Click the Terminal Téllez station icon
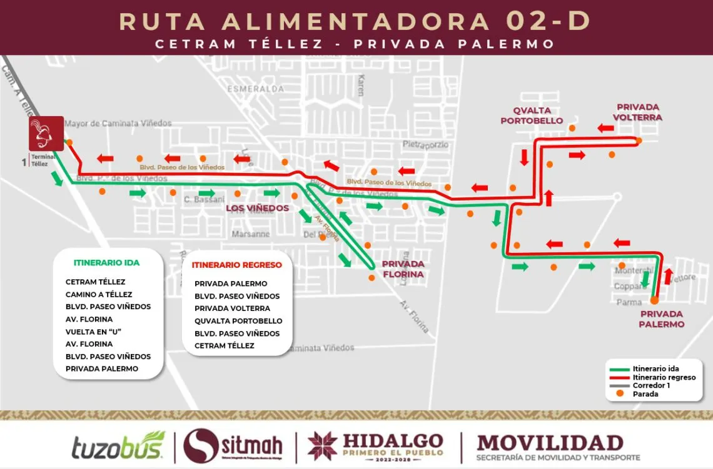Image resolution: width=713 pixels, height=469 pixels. [x=46, y=134]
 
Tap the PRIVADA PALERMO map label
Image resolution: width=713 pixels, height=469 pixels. [x=661, y=319]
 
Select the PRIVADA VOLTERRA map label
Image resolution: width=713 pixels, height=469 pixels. [x=639, y=112]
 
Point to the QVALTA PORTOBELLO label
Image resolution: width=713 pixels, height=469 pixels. [x=532, y=116]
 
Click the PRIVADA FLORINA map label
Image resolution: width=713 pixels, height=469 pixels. [x=403, y=269]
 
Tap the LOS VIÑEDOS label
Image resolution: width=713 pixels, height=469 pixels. [x=258, y=208]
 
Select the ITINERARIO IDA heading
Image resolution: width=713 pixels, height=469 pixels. [x=106, y=262]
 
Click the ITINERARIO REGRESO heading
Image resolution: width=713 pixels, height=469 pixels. [x=237, y=265]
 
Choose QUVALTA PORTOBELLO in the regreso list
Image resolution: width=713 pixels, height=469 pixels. [x=238, y=321]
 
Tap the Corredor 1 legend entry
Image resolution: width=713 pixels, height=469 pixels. [x=650, y=385]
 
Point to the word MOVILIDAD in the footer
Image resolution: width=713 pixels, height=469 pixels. [x=550, y=442]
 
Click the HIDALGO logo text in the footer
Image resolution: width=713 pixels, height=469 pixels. [x=393, y=440]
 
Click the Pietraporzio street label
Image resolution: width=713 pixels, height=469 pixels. [x=426, y=144]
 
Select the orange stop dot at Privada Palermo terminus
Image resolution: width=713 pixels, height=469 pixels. [x=654, y=300]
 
